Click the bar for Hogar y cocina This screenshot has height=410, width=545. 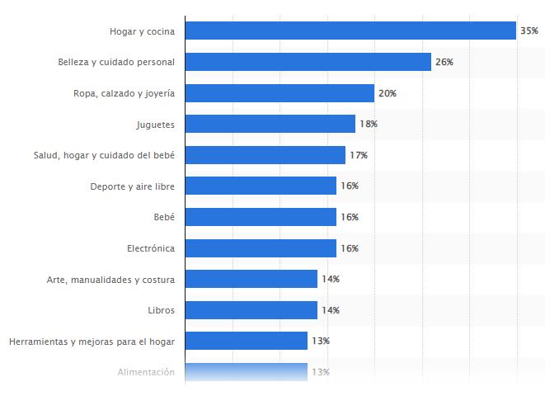350,31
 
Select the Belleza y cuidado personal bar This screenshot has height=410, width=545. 308,62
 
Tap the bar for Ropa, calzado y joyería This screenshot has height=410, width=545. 280,93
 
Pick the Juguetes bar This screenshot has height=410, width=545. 270,124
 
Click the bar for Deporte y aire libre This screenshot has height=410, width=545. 261,186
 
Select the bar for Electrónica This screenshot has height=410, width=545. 261,248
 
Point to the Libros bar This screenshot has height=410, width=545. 251,310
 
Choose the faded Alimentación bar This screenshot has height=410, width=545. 246,372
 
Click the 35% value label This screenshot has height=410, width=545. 529,31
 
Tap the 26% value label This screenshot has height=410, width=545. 444,62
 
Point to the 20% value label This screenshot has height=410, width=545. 387,93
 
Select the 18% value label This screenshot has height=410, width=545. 368,124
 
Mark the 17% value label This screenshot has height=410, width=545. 358,155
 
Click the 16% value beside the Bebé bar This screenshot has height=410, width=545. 349,217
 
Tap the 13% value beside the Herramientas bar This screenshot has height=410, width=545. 320,341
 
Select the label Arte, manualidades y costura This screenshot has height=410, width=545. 110,279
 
